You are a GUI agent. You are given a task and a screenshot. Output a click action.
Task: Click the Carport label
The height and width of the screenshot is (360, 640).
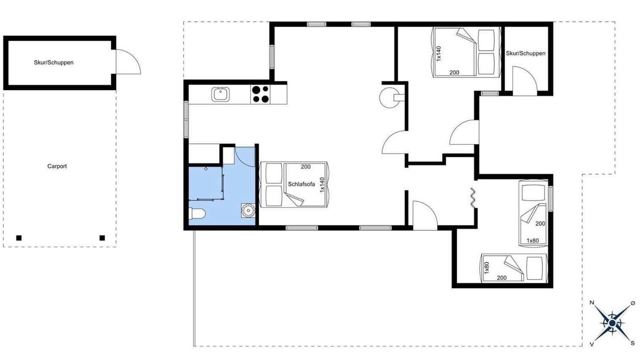57,166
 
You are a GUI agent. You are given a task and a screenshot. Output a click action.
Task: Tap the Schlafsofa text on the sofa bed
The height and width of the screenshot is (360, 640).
301,184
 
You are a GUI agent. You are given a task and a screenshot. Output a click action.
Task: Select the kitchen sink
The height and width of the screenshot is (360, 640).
220,94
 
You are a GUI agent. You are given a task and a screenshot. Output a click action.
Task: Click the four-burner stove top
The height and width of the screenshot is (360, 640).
260,94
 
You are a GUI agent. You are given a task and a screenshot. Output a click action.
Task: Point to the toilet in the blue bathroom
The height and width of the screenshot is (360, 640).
197,213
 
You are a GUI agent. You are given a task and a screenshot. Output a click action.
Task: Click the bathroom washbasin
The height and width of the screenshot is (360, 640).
248,210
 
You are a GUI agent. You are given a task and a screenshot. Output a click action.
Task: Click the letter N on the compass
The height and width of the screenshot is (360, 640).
592,303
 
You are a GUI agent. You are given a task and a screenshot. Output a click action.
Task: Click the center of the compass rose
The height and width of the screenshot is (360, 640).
612,323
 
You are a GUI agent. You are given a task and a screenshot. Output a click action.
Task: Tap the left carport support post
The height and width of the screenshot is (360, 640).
19,238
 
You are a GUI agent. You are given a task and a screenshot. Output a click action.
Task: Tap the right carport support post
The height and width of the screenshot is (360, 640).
102,238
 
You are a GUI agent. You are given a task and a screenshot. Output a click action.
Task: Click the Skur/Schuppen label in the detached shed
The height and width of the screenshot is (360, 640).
53,62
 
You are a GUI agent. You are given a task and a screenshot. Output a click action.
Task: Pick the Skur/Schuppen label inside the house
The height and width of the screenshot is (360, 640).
525,53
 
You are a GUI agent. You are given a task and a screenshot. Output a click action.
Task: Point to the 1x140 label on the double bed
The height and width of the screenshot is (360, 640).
439,53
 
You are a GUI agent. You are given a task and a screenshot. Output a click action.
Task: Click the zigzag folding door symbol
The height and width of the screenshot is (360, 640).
472,197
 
